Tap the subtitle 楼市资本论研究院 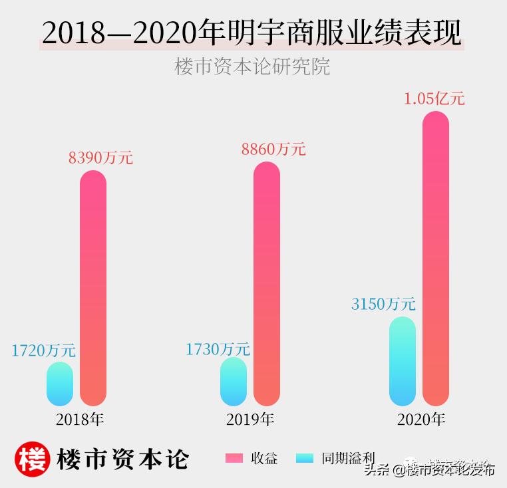252,67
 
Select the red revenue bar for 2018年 93,288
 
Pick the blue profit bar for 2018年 60,384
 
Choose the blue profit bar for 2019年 234,382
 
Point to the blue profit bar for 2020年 403,361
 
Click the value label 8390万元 100,158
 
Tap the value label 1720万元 43,350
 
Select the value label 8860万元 273,149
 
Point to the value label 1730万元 218,348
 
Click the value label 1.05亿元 434,99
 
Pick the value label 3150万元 383,305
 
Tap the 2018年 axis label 81,420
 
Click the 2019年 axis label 250,420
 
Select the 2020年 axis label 421,420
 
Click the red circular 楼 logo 33,458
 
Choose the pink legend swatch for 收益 235,458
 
